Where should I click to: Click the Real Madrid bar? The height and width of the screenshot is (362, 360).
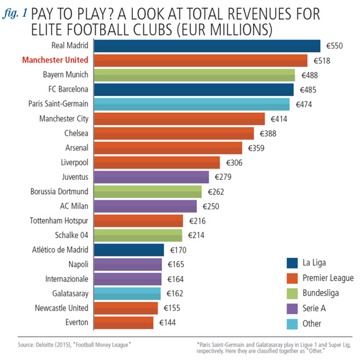pyautogui.click(x=207, y=46)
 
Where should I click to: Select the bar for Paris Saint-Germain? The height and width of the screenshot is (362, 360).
pyautogui.click(x=192, y=104)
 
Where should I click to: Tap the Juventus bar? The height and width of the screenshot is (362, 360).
pyautogui.click(x=151, y=177)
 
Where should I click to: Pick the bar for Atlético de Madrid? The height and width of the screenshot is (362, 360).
pyautogui.click(x=129, y=250)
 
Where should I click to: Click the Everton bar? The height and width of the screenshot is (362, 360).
pyautogui.click(x=124, y=323)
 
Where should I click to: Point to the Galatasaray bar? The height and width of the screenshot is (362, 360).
pyautogui.click(x=127, y=294)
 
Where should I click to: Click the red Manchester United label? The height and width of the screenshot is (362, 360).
pyautogui.click(x=55, y=60)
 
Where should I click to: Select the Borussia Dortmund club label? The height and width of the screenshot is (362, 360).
pyautogui.click(x=59, y=192)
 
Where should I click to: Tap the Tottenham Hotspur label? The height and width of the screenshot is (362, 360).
pyautogui.click(x=59, y=221)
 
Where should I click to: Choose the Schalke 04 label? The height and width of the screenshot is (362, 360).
pyautogui.click(x=71, y=236)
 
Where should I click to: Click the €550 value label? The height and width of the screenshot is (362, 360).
pyautogui.click(x=335, y=46)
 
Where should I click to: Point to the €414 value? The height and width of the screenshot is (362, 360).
pyautogui.click(x=279, y=119)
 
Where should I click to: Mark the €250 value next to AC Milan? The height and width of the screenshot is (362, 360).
pyautogui.click(x=211, y=206)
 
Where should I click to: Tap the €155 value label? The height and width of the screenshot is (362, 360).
pyautogui.click(x=172, y=308)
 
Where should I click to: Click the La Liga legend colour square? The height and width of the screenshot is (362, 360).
pyautogui.click(x=292, y=263)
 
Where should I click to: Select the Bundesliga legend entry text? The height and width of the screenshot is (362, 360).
pyautogui.click(x=321, y=293)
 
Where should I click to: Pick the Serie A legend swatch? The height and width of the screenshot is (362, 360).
pyautogui.click(x=292, y=309)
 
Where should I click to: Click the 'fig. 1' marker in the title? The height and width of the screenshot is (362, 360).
pyautogui.click(x=14, y=13)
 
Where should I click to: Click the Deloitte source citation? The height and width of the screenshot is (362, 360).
pyautogui.click(x=74, y=345)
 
